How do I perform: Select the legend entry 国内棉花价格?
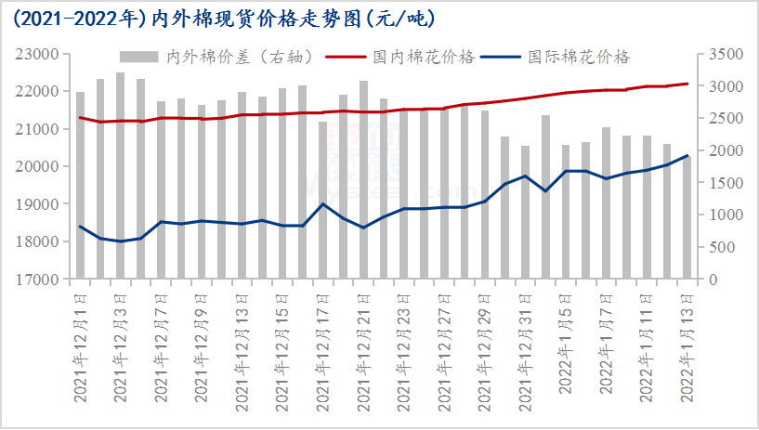[435, 57]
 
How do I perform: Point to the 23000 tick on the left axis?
[39, 54]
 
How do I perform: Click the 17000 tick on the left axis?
[39, 279]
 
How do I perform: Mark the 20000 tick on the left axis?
[39, 166]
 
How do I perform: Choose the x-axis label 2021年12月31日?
[526, 345]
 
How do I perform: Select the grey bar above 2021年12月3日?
[121, 176]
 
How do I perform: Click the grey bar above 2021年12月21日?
[363, 180]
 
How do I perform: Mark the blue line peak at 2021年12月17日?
[323, 203]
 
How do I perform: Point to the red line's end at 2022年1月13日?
[687, 84]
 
